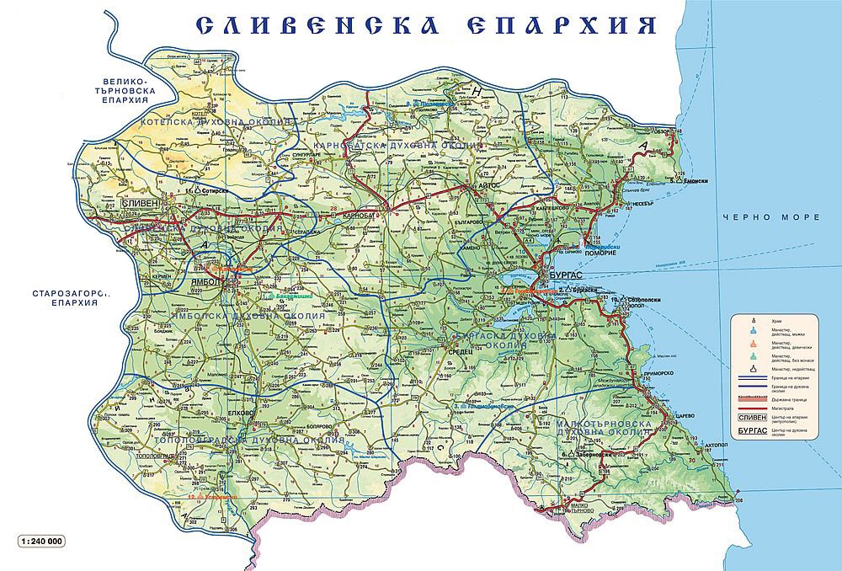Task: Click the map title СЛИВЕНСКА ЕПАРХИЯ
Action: tap(426, 25)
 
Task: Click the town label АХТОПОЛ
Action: tap(716, 440)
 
